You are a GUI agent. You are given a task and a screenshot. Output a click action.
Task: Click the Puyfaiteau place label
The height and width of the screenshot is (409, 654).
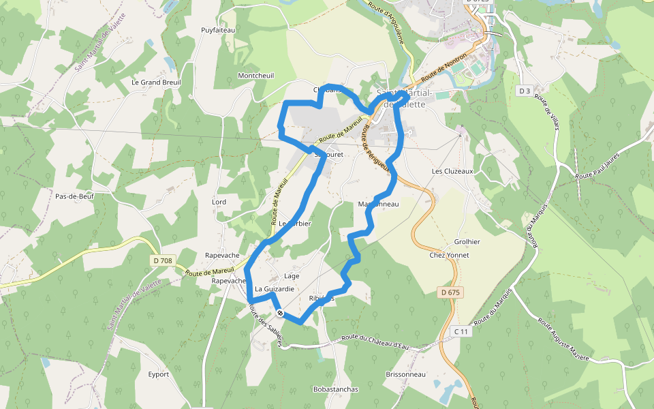(x=218, y=30)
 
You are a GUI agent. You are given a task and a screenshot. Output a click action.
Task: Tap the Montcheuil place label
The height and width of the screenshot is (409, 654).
(x=255, y=76)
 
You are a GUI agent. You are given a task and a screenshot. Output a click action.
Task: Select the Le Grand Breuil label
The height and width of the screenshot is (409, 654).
(x=155, y=82)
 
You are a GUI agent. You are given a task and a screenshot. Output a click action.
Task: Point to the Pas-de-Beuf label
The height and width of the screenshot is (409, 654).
(x=74, y=196)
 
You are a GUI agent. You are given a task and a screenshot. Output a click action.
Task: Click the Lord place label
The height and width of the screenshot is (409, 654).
(x=219, y=202)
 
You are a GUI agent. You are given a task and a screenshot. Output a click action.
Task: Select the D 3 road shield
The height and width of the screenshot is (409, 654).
(x=524, y=91)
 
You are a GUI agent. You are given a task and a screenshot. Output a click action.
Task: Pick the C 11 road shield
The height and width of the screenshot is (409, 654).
(x=462, y=331)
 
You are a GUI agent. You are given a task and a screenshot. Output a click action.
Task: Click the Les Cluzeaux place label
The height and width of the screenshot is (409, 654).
(x=452, y=171)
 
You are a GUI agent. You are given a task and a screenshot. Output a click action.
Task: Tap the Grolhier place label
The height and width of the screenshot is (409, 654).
(x=467, y=242)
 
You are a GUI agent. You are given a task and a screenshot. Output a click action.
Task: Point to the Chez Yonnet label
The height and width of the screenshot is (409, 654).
(x=449, y=255)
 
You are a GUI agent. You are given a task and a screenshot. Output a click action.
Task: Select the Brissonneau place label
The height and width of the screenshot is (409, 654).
(x=405, y=374)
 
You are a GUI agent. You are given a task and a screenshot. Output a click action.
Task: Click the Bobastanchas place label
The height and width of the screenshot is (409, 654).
(x=335, y=389)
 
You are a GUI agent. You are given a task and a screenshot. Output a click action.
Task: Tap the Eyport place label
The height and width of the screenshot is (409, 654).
(x=158, y=374)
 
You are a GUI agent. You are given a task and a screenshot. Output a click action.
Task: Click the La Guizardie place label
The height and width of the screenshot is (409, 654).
(x=274, y=289)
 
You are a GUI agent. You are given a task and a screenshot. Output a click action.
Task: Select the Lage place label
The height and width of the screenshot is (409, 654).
(x=292, y=276)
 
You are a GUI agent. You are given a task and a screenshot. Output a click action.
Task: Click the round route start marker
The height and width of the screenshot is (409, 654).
(x=280, y=313)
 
